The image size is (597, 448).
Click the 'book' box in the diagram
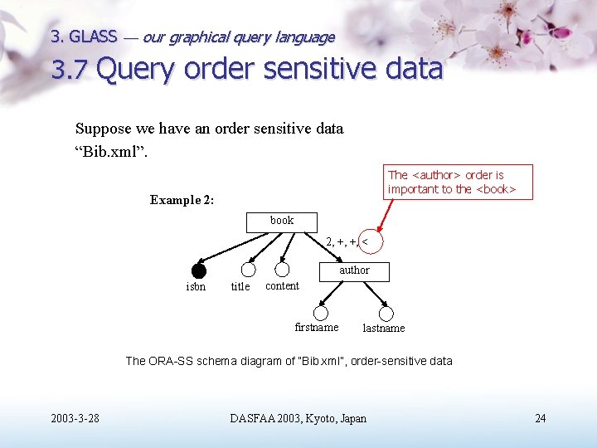click(282, 222)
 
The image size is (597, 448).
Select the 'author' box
click(354, 270)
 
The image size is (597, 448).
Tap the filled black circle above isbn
click(198, 270)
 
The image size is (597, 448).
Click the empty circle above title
click(248, 270)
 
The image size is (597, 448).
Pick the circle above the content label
click(282, 270)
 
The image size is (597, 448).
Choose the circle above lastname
click(386, 314)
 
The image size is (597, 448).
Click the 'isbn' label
click(196, 287)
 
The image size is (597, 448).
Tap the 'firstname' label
click(317, 328)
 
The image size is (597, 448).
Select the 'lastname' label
click(384, 329)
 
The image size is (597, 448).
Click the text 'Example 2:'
click(182, 200)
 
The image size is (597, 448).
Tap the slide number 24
click(541, 418)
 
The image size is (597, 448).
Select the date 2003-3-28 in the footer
click(75, 418)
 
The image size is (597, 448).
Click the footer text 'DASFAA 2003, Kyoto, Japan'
click(298, 418)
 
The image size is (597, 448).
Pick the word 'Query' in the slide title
click(136, 70)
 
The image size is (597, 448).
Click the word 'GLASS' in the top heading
click(93, 37)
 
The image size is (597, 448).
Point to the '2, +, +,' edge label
click(342, 242)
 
